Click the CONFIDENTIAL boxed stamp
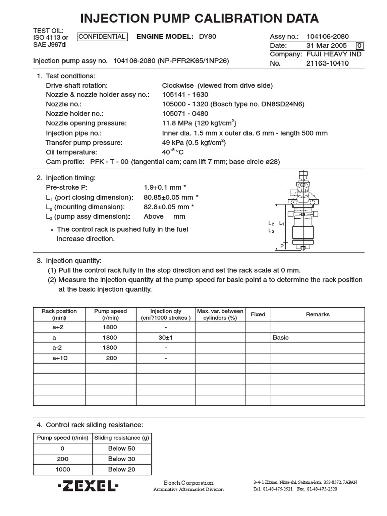[x=102, y=37]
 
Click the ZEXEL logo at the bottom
[x=88, y=486]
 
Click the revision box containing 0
[x=359, y=46]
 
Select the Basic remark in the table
[x=281, y=338]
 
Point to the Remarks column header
[x=317, y=314]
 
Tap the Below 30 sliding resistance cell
[x=121, y=459]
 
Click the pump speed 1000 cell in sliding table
[x=62, y=469]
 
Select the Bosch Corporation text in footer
[x=188, y=483]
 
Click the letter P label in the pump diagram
[x=282, y=246]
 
